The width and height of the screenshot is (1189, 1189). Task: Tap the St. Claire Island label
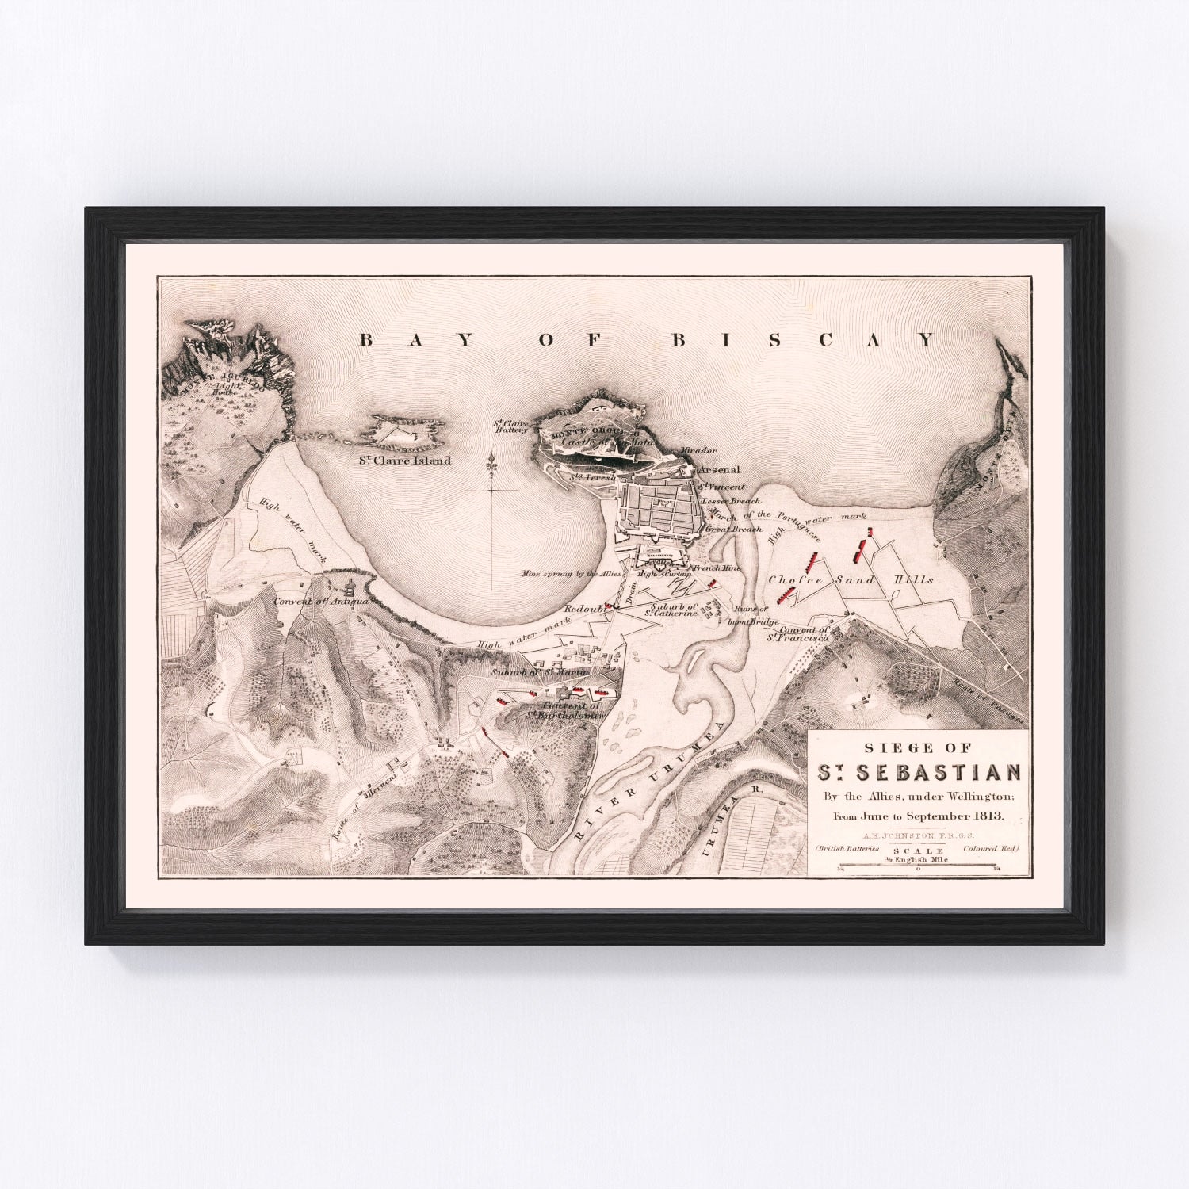(403, 460)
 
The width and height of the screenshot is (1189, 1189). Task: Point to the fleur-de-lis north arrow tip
(492, 459)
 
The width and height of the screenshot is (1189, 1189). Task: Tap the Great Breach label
(732, 529)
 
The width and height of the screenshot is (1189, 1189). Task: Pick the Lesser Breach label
(731, 501)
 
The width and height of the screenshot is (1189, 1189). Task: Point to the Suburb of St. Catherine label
(671, 610)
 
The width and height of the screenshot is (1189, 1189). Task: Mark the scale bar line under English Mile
(918, 870)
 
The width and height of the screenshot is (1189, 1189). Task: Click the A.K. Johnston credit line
(917, 835)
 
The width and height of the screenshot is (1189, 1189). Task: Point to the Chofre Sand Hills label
(851, 580)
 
